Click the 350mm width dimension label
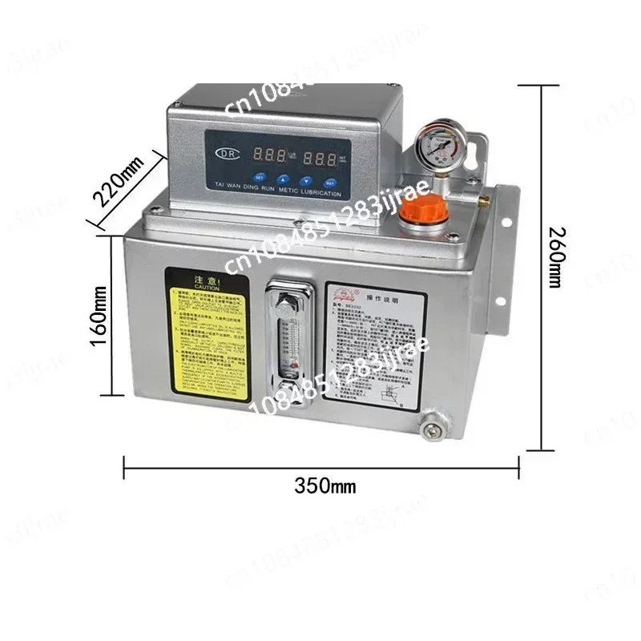click(325, 486)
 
